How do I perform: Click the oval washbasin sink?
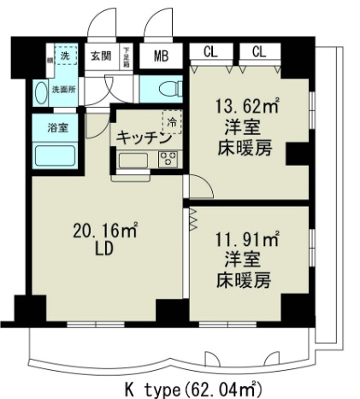[39, 92]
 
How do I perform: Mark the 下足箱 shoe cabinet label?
[126, 56]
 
